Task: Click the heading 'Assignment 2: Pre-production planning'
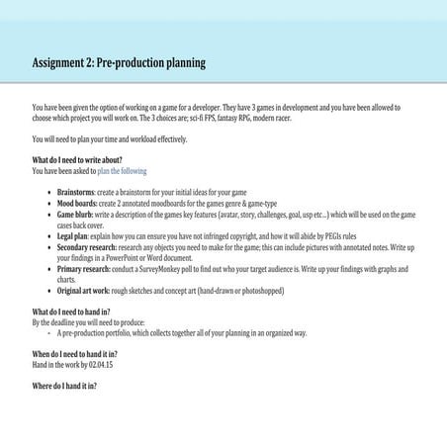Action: [119, 62]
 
